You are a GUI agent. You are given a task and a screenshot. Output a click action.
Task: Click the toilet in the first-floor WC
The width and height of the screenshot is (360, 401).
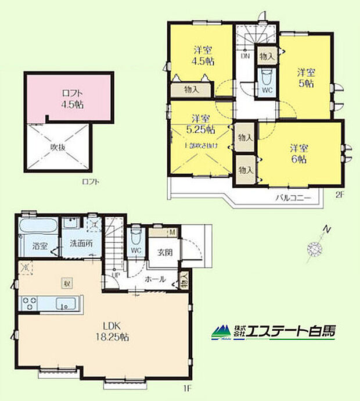[x=135, y=236]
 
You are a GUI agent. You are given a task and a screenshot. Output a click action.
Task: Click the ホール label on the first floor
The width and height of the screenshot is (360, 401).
[x=155, y=279]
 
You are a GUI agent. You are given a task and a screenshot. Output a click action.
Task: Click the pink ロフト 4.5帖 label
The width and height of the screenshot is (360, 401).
[x=67, y=99]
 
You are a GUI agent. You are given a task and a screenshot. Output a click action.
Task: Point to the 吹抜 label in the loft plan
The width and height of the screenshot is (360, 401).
[x=58, y=146]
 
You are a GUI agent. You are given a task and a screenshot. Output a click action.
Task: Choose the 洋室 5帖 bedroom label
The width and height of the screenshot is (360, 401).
[x=306, y=77]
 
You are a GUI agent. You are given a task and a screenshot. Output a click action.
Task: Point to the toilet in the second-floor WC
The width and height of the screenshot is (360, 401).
[x=267, y=78]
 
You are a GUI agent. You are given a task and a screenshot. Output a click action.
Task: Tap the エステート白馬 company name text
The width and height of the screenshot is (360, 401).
[x=291, y=331]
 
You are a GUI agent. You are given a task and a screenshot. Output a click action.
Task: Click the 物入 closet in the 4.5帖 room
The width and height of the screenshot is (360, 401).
[x=192, y=90]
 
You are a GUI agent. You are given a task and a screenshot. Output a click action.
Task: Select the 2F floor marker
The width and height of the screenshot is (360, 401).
[x=340, y=196]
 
